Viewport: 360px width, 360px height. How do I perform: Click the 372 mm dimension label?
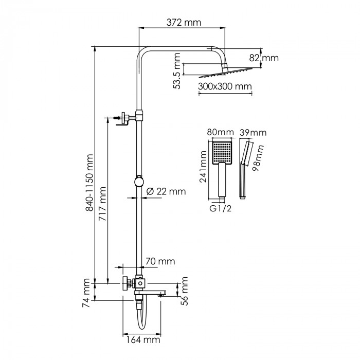(x=184, y=23)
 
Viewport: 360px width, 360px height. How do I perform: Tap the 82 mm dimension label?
(x=264, y=58)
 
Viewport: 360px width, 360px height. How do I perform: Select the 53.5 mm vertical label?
(x=177, y=71)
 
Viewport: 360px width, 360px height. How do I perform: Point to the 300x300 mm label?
(x=225, y=86)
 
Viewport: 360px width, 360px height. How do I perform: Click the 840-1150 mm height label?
(x=89, y=183)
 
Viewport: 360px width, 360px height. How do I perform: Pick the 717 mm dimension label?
(x=102, y=204)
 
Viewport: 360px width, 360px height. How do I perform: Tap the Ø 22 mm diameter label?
(x=166, y=191)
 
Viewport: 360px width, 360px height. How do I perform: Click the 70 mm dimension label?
(x=160, y=261)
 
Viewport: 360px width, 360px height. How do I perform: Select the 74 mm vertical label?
(x=86, y=293)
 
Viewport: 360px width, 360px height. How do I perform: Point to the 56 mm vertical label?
(x=184, y=291)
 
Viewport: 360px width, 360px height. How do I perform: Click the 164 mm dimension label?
(x=143, y=339)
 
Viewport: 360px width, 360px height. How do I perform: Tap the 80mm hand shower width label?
(x=221, y=132)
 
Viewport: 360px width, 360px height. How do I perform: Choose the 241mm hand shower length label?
(x=203, y=167)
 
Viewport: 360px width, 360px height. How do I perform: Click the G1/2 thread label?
(x=221, y=208)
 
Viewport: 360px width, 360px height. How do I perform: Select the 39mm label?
(x=253, y=133)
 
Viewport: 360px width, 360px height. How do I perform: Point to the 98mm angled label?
(x=258, y=158)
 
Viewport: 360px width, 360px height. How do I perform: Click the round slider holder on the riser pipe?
(x=139, y=181)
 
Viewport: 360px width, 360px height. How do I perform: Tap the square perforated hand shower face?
(x=222, y=152)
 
